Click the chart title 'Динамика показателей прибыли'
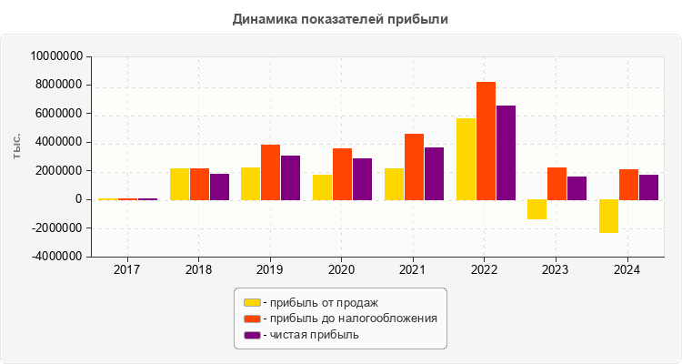(x=341, y=18)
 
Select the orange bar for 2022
(x=486, y=140)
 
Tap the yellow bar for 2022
(x=466, y=158)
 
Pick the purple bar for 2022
(x=506, y=152)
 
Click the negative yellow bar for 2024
(x=608, y=216)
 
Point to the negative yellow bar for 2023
(x=537, y=209)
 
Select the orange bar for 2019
(x=271, y=172)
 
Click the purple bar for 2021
(x=434, y=173)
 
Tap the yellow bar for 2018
(x=179, y=184)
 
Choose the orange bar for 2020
(x=342, y=174)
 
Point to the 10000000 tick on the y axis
(x=57, y=56)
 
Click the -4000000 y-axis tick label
(x=57, y=257)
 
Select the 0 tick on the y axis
(x=80, y=199)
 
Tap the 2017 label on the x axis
(x=127, y=270)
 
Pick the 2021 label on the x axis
(x=414, y=270)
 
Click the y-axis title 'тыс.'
(x=17, y=157)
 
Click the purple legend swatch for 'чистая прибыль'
(x=252, y=335)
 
